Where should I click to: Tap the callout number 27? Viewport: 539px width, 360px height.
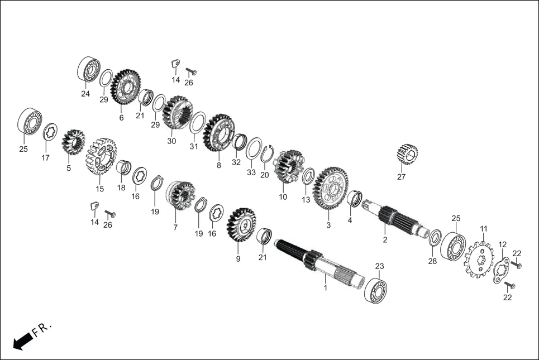[401, 177]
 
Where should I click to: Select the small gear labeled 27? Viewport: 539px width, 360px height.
[407, 154]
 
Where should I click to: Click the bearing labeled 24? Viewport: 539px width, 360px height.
[88, 71]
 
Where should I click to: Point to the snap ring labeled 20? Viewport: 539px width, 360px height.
[266, 153]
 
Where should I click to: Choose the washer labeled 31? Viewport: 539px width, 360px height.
[197, 122]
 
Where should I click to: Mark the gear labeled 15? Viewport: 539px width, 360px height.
[101, 157]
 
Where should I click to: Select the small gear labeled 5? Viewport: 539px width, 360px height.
[72, 143]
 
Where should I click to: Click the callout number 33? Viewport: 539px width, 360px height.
[251, 172]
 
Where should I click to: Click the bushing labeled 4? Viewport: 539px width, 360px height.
[354, 198]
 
